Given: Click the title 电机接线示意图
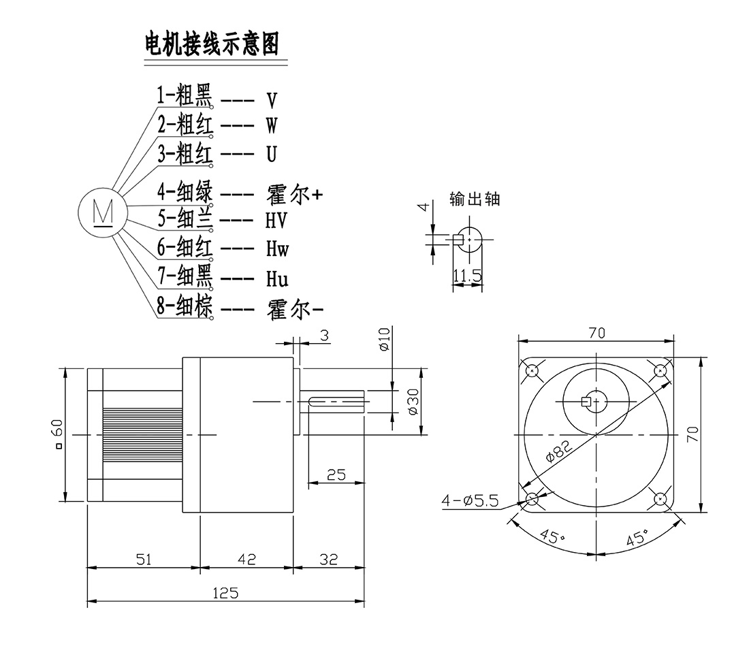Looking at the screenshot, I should (212, 44).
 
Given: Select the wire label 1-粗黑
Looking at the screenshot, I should (185, 97).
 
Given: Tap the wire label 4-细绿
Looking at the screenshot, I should (185, 193).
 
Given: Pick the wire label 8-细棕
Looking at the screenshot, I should (185, 307).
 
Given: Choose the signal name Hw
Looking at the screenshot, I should (277, 249).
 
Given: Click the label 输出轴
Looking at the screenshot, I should (475, 199).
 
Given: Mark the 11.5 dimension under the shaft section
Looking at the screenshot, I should (467, 276).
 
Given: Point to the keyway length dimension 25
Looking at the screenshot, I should (336, 475).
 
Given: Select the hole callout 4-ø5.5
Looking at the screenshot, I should (471, 502).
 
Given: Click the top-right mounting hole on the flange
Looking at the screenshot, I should (660, 370).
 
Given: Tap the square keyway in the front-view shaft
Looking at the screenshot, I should (586, 402).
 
